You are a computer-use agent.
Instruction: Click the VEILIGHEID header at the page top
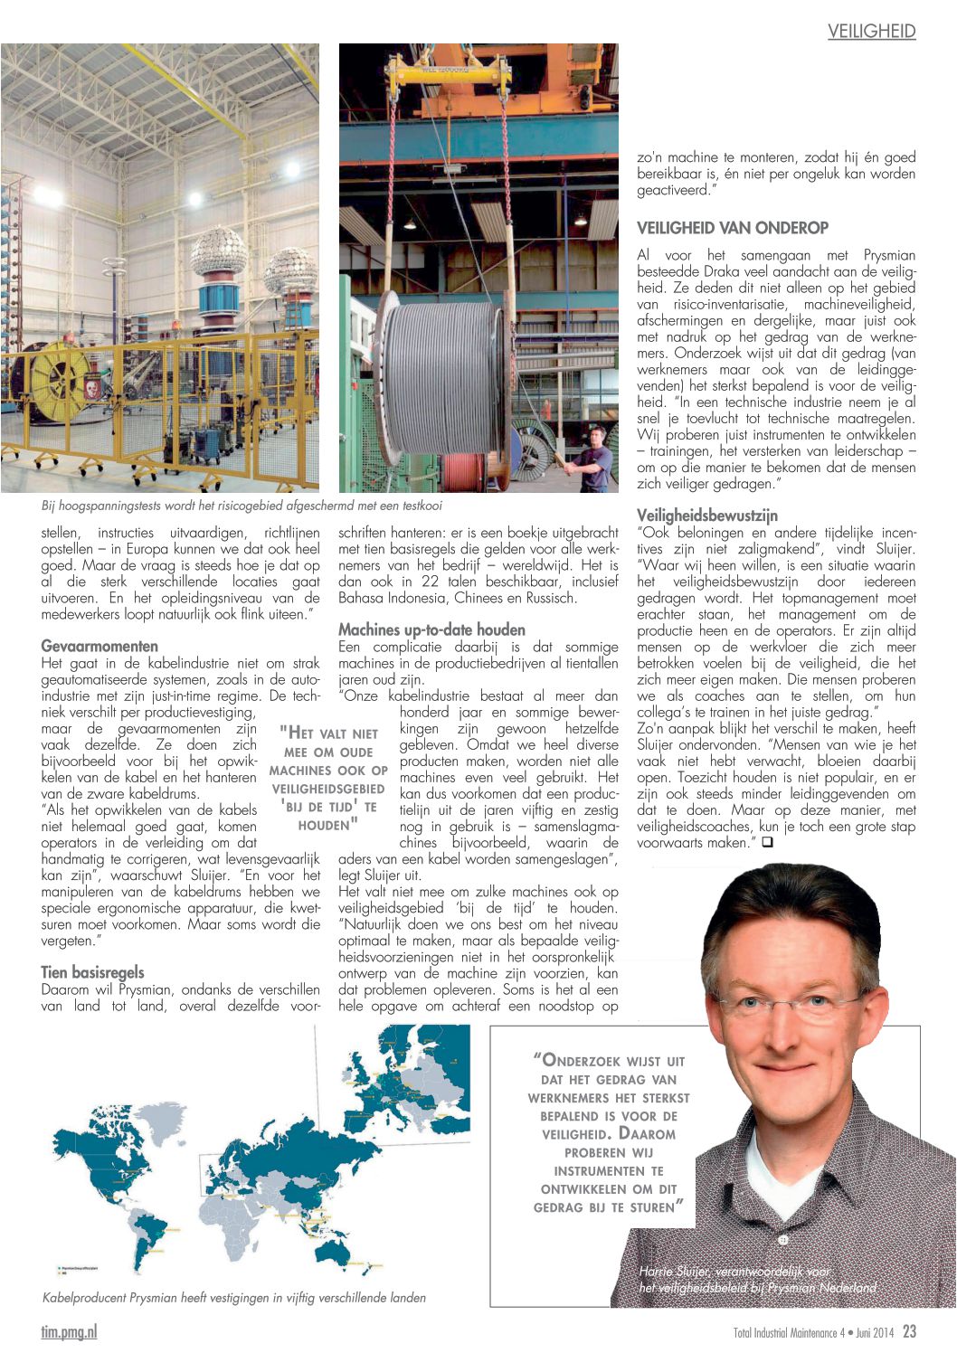click(x=871, y=32)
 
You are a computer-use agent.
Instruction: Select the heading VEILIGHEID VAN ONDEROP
click(x=733, y=228)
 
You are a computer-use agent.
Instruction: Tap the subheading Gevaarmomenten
click(x=99, y=646)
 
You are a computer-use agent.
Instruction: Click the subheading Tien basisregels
click(x=92, y=972)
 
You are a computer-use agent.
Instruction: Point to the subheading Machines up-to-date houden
click(x=431, y=629)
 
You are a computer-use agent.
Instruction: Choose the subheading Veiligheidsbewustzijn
click(x=706, y=516)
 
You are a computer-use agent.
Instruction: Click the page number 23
click(x=909, y=1331)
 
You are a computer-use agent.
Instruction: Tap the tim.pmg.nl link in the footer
click(x=69, y=1331)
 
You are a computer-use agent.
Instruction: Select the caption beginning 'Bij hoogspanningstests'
click(x=242, y=506)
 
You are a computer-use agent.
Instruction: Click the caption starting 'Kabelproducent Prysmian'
click(x=233, y=1298)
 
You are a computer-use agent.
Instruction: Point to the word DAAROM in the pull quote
click(x=647, y=1133)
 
